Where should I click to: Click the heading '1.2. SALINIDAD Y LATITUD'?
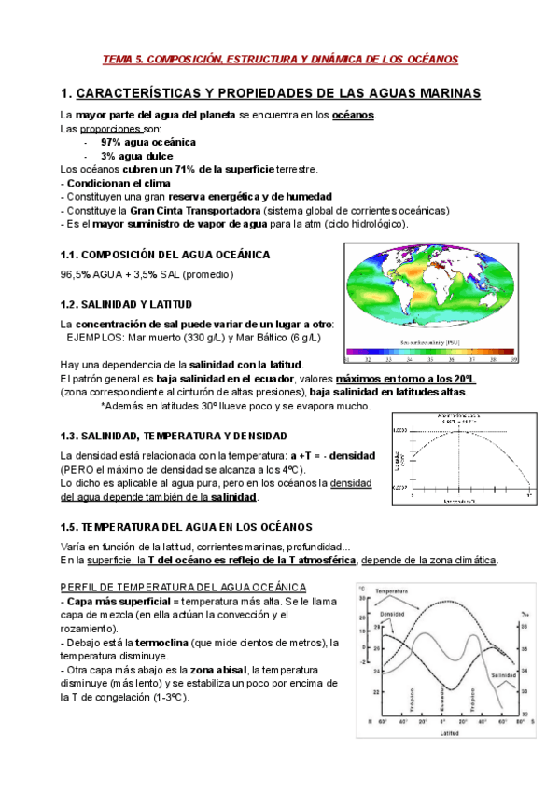coord(126,304)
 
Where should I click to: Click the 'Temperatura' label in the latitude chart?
coord(395,591)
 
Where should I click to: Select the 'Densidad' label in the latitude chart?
coord(393,614)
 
